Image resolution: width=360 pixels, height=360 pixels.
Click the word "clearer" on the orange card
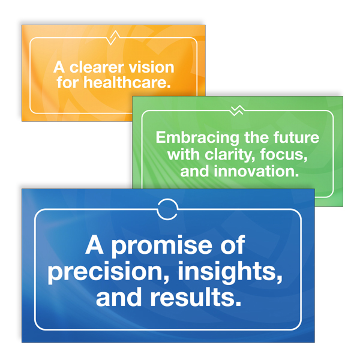97,67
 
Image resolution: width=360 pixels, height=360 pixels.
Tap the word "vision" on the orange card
151,67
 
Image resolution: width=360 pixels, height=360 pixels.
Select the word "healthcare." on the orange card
127,82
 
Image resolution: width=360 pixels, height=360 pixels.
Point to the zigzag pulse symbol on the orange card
113,38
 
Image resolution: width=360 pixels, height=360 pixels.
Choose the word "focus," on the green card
284,155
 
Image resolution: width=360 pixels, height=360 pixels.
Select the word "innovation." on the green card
256,172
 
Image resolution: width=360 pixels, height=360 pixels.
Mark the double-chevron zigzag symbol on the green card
237,110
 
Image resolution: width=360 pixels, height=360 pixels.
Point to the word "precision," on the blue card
109,272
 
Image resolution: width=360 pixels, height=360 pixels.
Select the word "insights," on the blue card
230,272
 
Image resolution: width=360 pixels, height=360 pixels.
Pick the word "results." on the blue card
196,298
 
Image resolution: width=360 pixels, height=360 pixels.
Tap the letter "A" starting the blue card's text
94,245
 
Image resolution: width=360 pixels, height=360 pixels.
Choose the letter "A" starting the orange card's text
59,67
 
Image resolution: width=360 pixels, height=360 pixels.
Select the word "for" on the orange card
68,82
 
